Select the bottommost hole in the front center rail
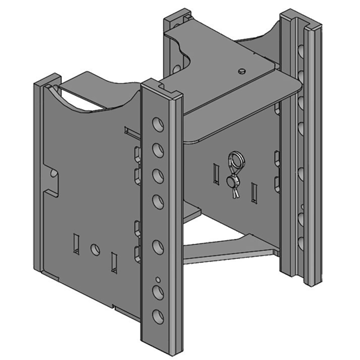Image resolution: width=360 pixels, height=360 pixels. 158,316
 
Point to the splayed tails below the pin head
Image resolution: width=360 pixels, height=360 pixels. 235,193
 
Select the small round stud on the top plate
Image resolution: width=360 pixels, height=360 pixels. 242,70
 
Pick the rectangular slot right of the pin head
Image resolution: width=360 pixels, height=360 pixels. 254,192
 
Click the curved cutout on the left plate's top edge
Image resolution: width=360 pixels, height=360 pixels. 99,97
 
